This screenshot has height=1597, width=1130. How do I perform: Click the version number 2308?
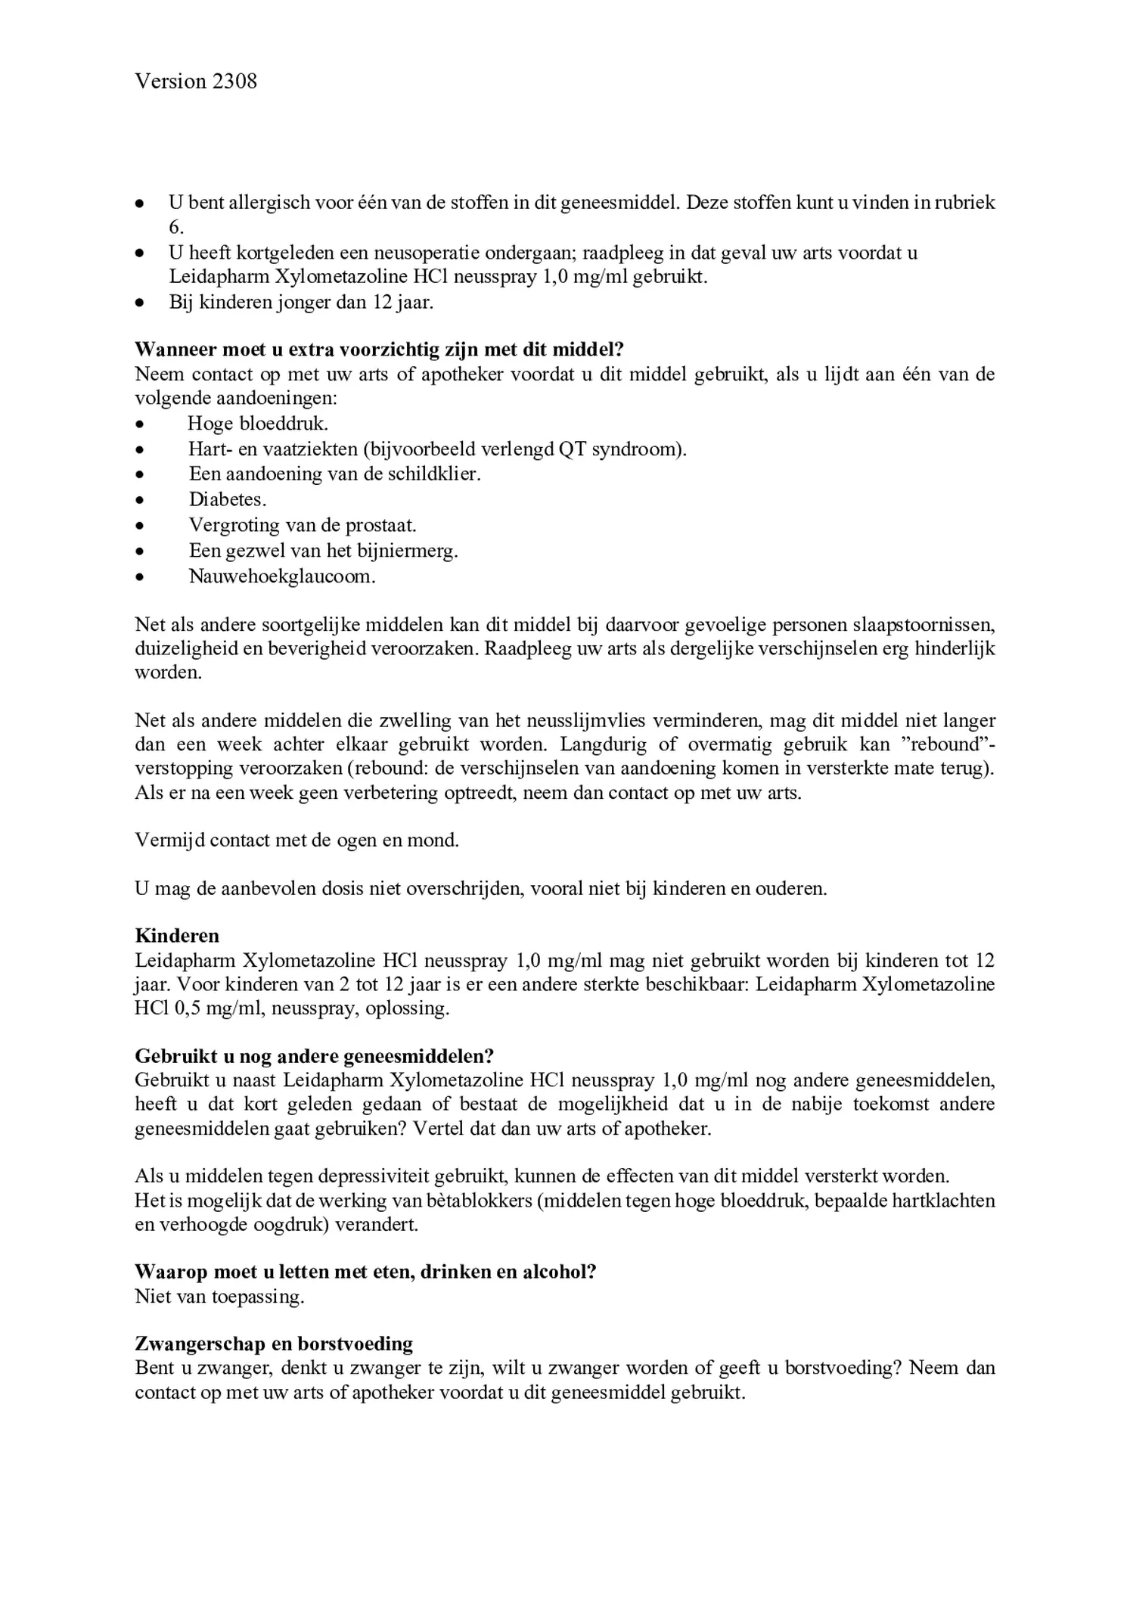[234, 81]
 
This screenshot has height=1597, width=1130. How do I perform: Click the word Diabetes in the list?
[227, 499]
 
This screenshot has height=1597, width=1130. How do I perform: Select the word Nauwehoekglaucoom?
[281, 576]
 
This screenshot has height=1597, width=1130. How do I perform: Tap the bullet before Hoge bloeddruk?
[139, 424]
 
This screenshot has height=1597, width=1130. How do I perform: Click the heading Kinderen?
[177, 936]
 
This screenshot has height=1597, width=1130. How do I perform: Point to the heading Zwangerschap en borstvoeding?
[274, 1344]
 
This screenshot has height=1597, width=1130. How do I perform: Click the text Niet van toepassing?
[219, 1297]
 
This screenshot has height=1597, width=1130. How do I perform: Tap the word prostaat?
[380, 525]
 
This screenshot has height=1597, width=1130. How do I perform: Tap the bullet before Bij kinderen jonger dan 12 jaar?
[139, 303]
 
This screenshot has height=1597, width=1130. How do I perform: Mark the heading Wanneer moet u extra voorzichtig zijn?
[379, 350]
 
